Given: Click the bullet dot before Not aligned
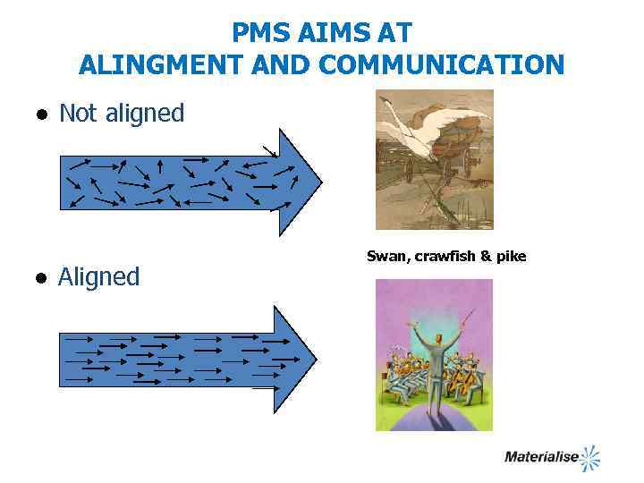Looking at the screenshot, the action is click(x=41, y=115).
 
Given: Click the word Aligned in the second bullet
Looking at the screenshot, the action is click(x=99, y=277).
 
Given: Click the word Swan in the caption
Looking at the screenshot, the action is click(x=386, y=257).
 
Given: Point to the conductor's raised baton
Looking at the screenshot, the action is click(x=466, y=318).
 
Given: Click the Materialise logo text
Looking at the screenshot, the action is click(x=540, y=457).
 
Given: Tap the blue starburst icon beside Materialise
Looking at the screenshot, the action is click(x=589, y=457).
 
